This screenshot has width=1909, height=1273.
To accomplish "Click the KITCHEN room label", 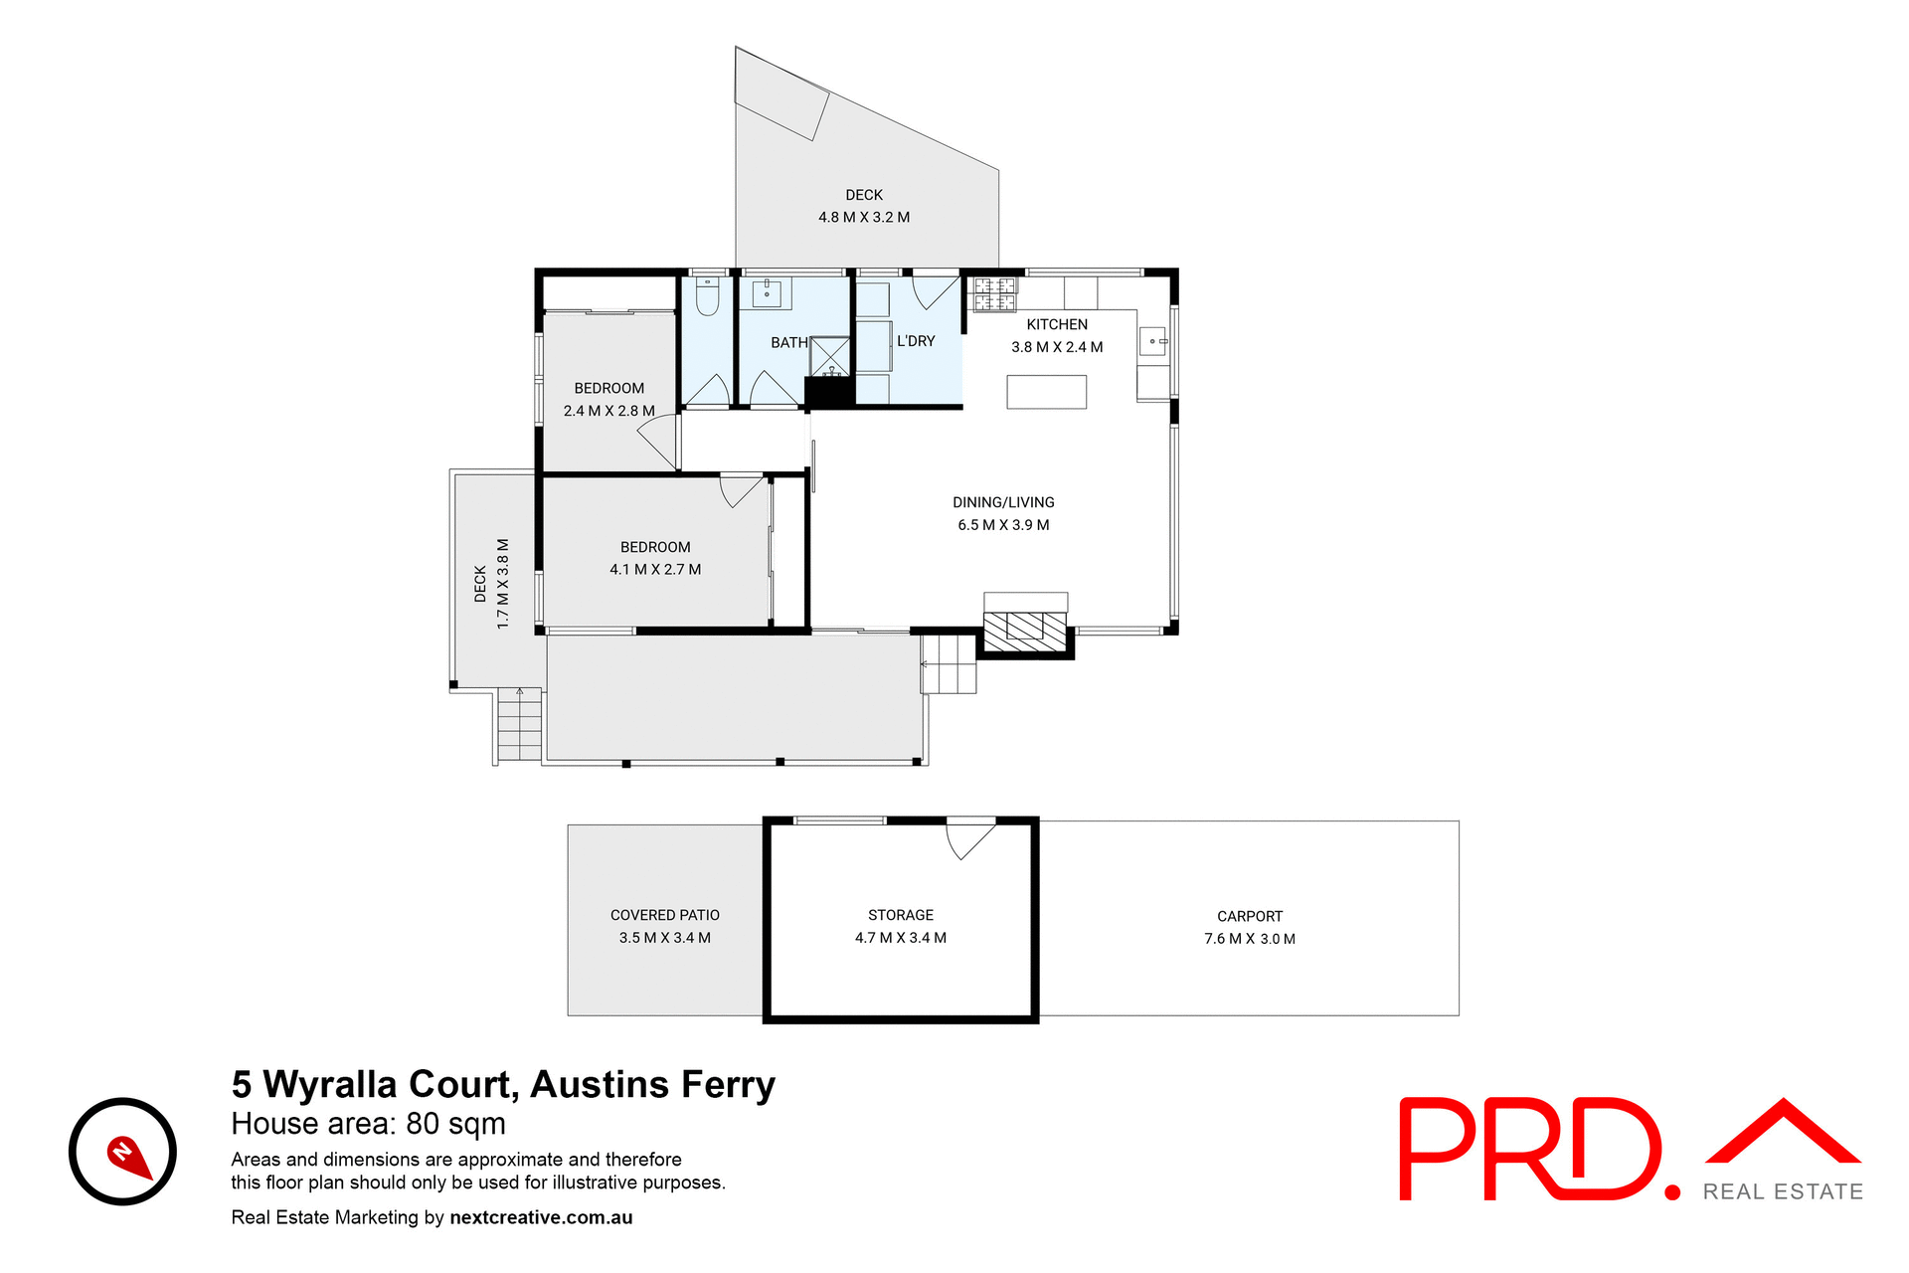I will [x=1057, y=324].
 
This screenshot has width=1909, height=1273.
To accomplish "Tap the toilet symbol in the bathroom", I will [x=707, y=295].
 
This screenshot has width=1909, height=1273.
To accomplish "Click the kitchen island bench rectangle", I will [x=1046, y=392].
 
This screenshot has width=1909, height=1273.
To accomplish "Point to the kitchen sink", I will [x=1152, y=341].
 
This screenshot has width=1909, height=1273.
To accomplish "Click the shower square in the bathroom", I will [x=830, y=357].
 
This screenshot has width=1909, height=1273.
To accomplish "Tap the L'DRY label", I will [x=916, y=341].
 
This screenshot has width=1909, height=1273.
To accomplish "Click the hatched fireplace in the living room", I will [x=1024, y=632].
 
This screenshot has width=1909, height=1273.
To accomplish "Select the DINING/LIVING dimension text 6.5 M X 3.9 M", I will [x=1003, y=525].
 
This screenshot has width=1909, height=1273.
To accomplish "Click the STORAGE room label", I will [x=901, y=915].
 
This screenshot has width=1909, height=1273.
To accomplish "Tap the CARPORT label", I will [x=1250, y=916].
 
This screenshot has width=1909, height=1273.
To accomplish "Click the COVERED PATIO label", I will [x=665, y=915].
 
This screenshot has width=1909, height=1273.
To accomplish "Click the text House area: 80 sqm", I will [x=368, y=1124].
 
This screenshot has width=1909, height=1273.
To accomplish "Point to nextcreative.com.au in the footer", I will [x=541, y=1217].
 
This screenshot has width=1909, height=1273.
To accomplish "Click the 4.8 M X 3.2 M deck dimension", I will [x=864, y=217].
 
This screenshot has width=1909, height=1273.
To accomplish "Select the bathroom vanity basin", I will [x=767, y=292].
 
